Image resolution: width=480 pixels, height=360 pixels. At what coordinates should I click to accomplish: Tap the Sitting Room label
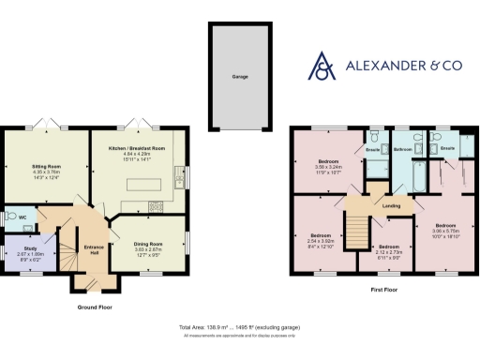(47, 166)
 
